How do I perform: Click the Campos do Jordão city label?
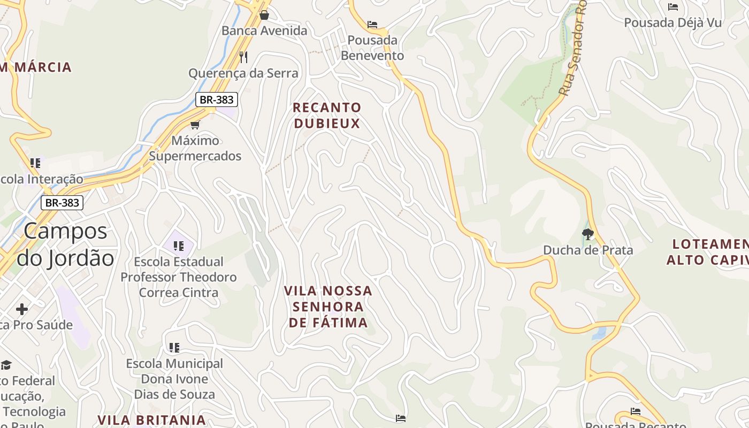pos(66,244)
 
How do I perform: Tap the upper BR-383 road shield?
pos(216,99)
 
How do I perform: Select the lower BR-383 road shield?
pos(62,203)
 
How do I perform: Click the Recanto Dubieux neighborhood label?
pos(327,115)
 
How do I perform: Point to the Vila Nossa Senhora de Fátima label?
pos(328,307)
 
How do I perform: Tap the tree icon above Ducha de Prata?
pos(587,234)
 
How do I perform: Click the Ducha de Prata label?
pos(587,250)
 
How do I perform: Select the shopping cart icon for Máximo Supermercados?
pos(195,125)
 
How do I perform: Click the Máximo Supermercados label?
pos(195,148)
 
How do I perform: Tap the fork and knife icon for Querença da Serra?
pos(243,57)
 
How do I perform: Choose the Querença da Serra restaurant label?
pos(243,73)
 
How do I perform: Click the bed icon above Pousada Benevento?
pos(372,25)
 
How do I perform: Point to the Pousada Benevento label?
pos(372,48)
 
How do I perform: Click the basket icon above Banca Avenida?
pos(264,14)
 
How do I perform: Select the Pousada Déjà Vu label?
pos(673,22)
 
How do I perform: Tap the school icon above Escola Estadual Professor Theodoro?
pos(178,246)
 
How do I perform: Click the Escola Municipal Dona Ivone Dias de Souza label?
pos(174,379)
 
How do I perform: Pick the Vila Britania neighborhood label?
pos(152,419)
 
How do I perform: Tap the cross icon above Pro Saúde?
pos(22,309)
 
